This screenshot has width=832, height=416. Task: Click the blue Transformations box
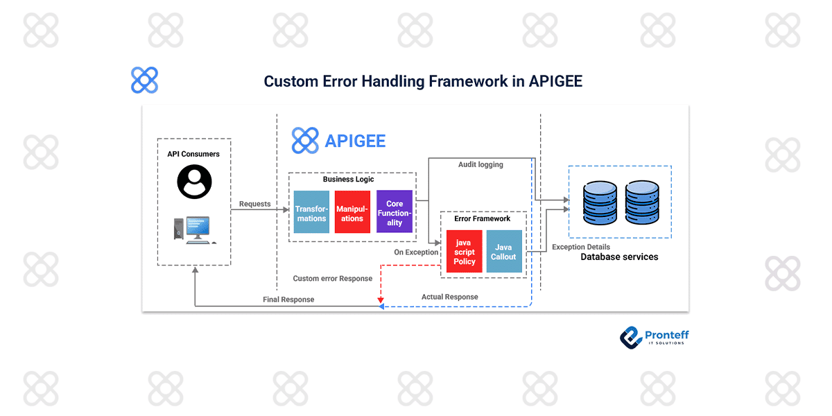tap(311, 213)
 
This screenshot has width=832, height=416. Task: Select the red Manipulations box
tap(352, 213)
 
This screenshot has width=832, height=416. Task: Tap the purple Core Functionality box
tap(395, 213)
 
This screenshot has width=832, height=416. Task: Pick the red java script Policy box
tap(465, 252)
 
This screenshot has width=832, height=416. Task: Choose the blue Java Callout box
tap(503, 252)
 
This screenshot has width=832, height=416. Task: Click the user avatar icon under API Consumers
tap(194, 182)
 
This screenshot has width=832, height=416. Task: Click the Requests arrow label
tap(255, 204)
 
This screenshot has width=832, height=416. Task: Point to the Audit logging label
tap(480, 165)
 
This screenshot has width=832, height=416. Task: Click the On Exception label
tap(416, 252)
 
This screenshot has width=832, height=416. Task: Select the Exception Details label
tap(581, 247)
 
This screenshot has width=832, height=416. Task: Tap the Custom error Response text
tap(333, 279)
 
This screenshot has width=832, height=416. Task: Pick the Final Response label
tap(288, 300)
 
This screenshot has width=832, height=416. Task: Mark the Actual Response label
tap(449, 297)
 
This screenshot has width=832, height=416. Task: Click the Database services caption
tap(619, 257)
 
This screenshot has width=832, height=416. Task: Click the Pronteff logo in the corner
tap(654, 336)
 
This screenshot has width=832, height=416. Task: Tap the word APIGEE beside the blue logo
tap(355, 141)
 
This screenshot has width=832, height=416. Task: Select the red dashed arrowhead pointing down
tap(380, 301)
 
